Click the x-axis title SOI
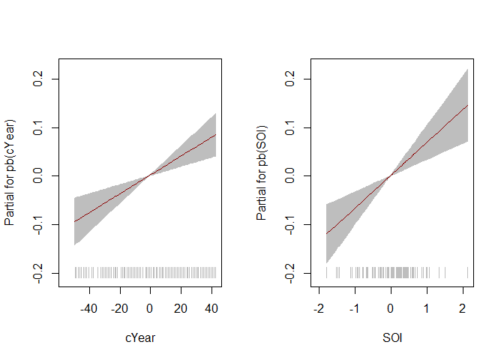click(392, 338)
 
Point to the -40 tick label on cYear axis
click(89, 308)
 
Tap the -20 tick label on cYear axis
click(119, 308)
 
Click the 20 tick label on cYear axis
click(181, 308)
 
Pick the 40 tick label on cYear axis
click(211, 308)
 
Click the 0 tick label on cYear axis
click(150, 308)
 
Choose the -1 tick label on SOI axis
click(353, 308)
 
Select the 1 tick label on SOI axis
click(427, 308)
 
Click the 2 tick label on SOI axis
click(463, 308)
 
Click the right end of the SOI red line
click(467, 105)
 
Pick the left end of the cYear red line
click(74, 221)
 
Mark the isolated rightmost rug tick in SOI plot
click(467, 272)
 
